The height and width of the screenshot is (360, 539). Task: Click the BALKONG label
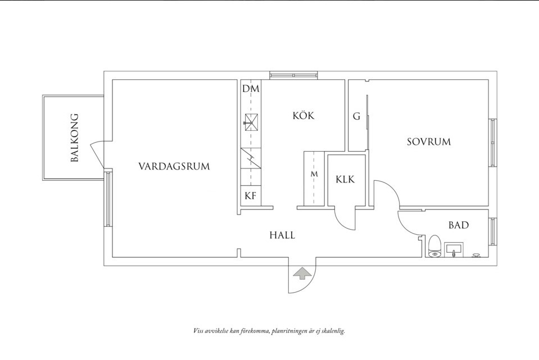click(75, 138)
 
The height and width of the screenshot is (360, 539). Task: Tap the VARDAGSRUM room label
click(174, 166)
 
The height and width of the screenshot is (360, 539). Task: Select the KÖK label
click(303, 116)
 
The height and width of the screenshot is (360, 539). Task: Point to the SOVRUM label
click(429, 142)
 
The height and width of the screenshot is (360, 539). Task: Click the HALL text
click(282, 235)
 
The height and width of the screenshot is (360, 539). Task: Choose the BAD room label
click(459, 225)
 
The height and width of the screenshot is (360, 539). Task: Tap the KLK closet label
click(346, 180)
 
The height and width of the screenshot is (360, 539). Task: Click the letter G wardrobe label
click(356, 117)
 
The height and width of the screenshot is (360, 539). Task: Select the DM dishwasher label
click(251, 89)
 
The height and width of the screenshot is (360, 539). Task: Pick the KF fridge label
click(251, 196)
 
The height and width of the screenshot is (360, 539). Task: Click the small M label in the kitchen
click(314, 174)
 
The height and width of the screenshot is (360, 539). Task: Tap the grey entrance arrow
click(302, 274)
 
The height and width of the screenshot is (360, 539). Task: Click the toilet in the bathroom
click(434, 247)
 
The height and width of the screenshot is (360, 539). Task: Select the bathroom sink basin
click(453, 249)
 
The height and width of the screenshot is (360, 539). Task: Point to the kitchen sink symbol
click(251, 121)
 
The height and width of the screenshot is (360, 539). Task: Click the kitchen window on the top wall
click(293, 75)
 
